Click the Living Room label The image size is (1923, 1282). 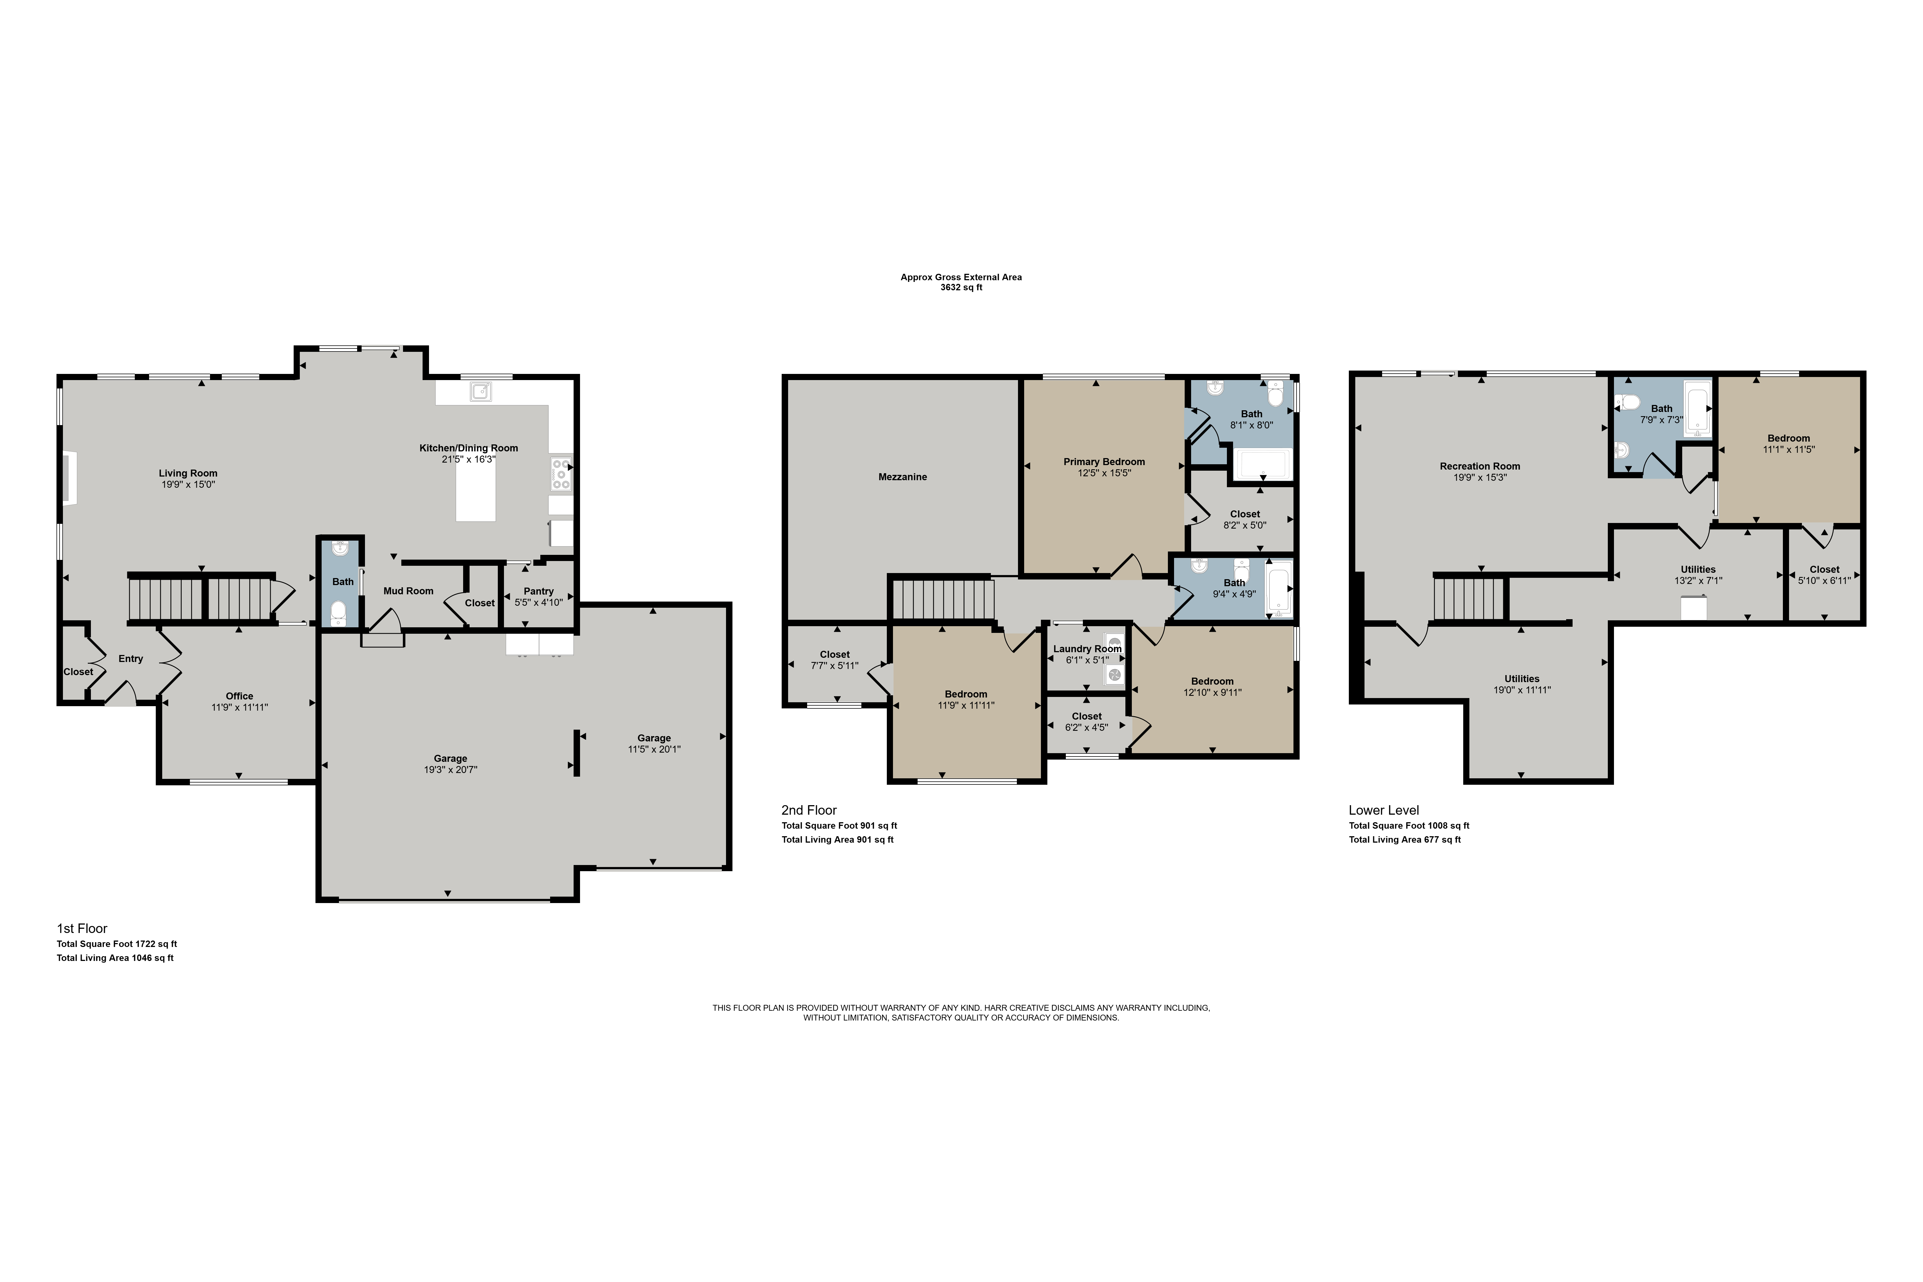coord(188,473)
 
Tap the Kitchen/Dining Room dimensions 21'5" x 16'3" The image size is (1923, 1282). coord(468,459)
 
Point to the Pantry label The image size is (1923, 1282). coord(539,591)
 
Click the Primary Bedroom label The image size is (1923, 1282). coord(1104,462)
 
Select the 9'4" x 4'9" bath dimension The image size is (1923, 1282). coord(1234,594)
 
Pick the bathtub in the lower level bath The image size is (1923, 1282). coord(1697,407)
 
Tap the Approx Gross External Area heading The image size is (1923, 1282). coord(961,277)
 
